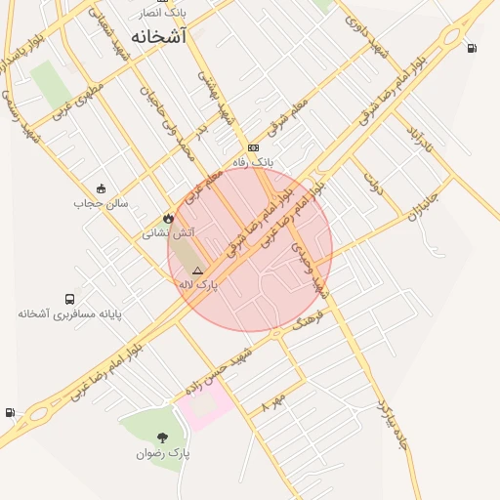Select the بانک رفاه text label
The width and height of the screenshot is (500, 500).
tap(254, 161)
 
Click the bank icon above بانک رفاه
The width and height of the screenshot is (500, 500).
tap(254, 147)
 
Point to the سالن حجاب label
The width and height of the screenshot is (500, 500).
tap(101, 203)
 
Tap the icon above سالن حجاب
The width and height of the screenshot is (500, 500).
tap(101, 188)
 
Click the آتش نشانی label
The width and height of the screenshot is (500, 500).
tap(168, 232)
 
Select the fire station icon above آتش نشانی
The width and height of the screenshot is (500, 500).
tap(168, 218)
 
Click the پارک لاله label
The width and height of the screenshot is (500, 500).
tap(197, 284)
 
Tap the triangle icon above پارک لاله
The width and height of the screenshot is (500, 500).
tap(197, 270)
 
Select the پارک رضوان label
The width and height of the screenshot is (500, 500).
tap(162, 453)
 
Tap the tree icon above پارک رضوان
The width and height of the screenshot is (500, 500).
tap(162, 437)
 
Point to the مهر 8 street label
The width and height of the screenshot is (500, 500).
tap(273, 402)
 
